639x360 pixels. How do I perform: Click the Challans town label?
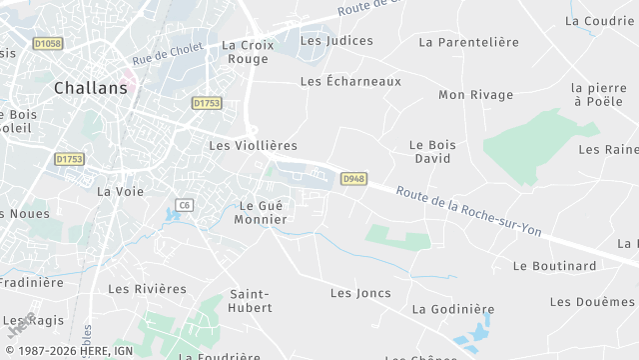click(x=91, y=87)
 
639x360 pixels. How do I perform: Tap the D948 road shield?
click(x=352, y=179)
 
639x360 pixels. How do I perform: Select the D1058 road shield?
click(x=47, y=44)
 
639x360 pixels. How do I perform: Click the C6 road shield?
click(x=184, y=205)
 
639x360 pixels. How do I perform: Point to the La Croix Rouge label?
click(x=246, y=52)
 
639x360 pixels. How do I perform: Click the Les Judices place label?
click(x=336, y=41)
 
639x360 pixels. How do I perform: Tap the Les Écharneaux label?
click(x=350, y=81)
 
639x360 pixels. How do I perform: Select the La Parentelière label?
click(x=469, y=42)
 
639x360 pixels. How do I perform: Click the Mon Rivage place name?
click(x=476, y=95)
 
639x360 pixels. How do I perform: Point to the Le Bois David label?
click(x=432, y=152)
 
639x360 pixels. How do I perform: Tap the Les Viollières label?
click(x=253, y=145)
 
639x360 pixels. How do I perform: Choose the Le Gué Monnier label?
click(x=260, y=212)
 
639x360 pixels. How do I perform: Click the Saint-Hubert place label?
click(x=251, y=301)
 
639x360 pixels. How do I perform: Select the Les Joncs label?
click(x=360, y=293)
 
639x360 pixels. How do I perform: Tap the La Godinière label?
click(x=453, y=309)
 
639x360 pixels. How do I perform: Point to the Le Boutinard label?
click(x=554, y=266)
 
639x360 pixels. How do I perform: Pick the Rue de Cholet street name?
click(x=167, y=53)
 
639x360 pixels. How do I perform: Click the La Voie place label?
click(x=120, y=191)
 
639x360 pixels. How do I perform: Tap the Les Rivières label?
click(x=147, y=289)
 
